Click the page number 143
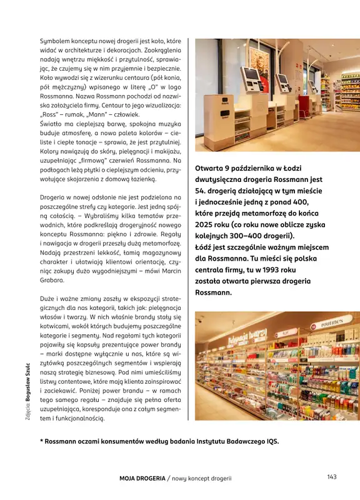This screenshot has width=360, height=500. click(x=331, y=477)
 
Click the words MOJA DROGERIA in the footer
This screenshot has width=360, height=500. click(x=141, y=478)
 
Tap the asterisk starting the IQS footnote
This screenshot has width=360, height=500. click(x=41, y=441)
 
